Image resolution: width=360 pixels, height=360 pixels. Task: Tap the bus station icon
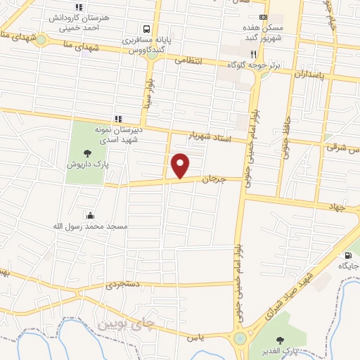tap(146, 30)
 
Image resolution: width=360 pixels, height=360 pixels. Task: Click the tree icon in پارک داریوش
tap(87, 153)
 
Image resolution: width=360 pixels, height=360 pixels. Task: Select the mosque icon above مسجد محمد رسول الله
tap(89, 215)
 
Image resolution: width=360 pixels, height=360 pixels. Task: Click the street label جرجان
tap(214, 179)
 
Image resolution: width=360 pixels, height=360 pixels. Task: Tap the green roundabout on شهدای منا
tap(41, 40)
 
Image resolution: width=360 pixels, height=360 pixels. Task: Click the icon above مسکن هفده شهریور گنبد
tap(263, 17)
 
